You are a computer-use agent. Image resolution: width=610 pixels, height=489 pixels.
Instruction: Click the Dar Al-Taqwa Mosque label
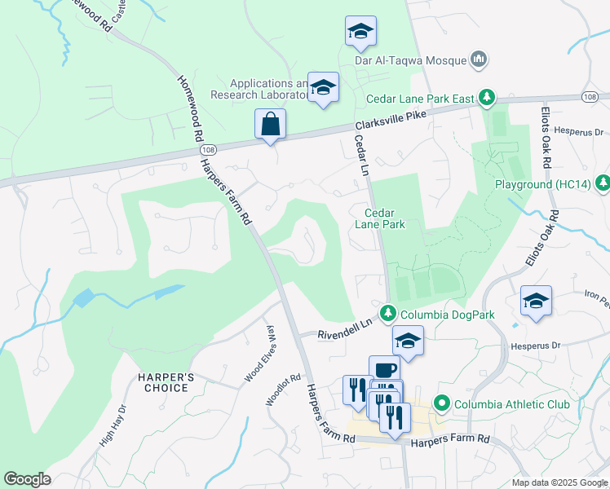(409, 59)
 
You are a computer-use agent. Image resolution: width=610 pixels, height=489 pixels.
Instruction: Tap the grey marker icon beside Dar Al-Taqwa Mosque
(479, 59)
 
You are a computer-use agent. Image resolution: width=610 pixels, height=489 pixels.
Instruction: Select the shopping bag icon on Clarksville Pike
(270, 125)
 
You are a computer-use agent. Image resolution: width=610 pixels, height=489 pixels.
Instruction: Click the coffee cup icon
(384, 370)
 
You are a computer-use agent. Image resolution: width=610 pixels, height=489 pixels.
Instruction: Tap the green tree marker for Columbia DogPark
(388, 313)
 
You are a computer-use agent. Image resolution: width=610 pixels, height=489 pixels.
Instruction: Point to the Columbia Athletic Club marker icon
(442, 403)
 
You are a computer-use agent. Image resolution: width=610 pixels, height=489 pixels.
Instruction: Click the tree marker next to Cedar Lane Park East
(487, 99)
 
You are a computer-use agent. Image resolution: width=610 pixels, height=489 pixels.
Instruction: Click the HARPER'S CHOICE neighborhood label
(164, 382)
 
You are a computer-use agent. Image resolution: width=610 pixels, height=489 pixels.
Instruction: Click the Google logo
(27, 479)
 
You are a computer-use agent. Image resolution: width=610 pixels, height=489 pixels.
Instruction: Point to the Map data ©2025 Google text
(559, 482)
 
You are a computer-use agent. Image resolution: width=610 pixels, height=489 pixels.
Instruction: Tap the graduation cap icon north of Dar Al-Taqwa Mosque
(360, 32)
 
